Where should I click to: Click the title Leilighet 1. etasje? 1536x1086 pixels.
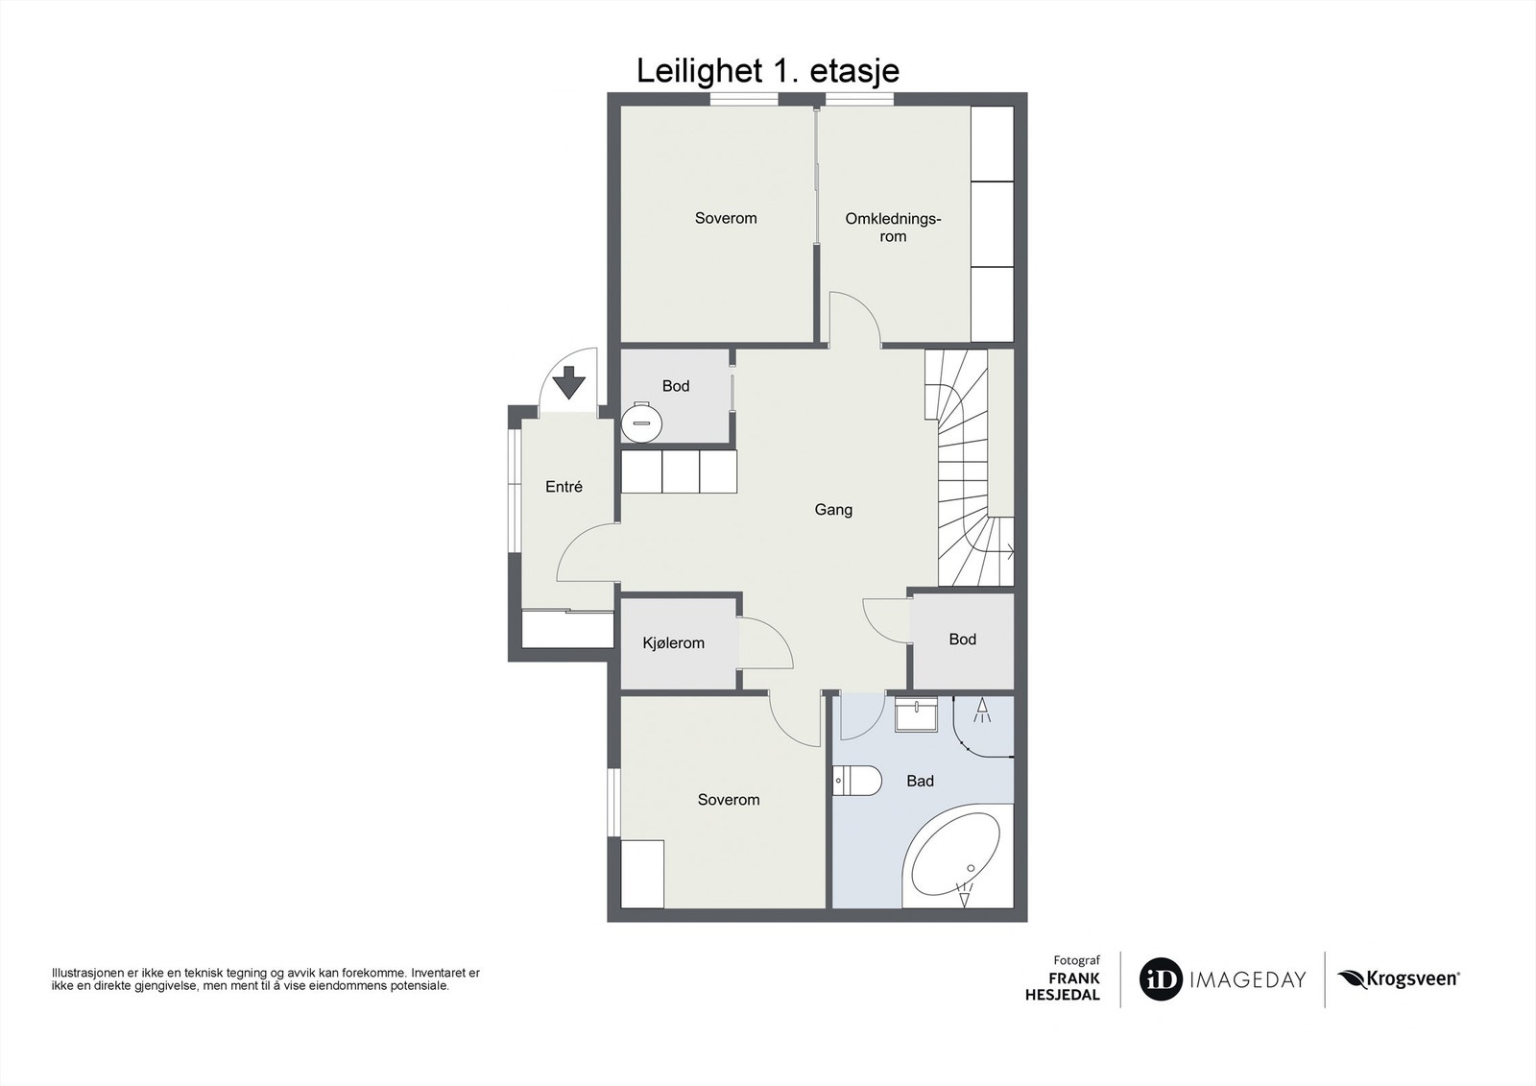coord(768,71)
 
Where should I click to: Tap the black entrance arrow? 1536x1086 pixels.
coord(569,382)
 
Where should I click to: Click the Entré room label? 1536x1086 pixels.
coord(564,487)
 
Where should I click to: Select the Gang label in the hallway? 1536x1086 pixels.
coord(833,510)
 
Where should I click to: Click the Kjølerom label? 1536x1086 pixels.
coord(673,643)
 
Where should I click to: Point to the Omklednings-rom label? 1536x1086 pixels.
coord(893,228)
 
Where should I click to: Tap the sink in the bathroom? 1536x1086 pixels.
coord(916,716)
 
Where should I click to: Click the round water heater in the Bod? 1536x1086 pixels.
coord(642,422)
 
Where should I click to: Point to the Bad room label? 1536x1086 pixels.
coord(920,782)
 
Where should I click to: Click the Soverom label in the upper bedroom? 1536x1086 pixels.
coord(726,219)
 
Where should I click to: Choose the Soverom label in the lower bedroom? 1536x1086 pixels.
coord(729,800)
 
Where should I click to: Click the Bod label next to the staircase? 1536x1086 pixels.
coord(962,640)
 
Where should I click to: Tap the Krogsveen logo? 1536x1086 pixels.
coord(1399,979)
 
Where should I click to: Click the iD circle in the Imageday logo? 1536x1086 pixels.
coord(1161,980)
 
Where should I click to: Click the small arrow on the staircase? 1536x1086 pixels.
coord(1007,552)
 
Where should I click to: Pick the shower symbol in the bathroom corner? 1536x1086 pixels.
coord(981,712)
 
